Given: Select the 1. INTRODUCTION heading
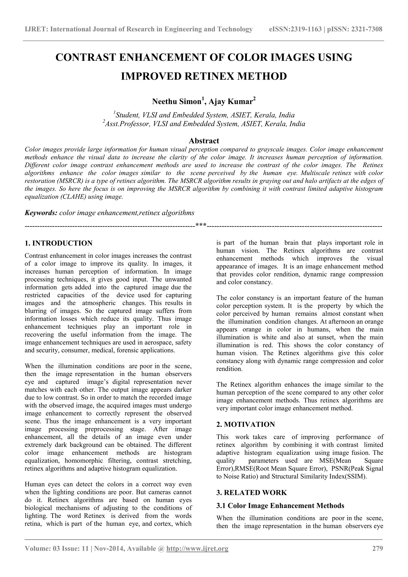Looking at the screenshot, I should pos(59,243).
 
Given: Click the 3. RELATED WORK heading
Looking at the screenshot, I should pos(251,493).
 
